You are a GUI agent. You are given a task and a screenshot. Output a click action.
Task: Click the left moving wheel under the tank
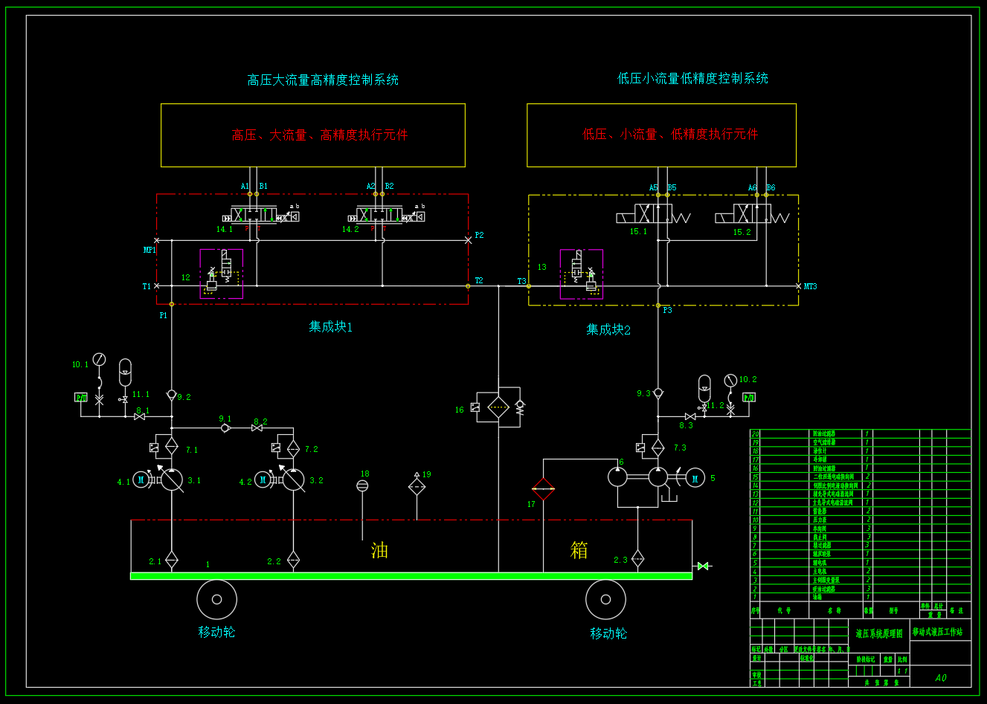tap(216, 599)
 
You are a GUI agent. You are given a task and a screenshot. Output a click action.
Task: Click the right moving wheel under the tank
tap(605, 599)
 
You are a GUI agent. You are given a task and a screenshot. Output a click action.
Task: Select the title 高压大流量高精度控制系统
tap(323, 80)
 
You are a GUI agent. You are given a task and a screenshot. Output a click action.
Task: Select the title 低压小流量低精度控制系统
tap(692, 79)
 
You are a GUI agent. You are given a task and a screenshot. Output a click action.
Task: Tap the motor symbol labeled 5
tap(695, 479)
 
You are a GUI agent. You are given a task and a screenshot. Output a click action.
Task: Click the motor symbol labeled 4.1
tap(141, 480)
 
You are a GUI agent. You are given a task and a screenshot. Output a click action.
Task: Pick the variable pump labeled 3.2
tap(293, 480)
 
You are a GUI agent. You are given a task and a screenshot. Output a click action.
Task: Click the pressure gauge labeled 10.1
tap(99, 360)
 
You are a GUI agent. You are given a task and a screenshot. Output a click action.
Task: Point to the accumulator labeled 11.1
tap(125, 370)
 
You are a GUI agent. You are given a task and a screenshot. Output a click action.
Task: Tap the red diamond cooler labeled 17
tap(543, 489)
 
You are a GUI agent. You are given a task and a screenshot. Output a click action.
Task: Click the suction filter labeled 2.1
tap(172, 560)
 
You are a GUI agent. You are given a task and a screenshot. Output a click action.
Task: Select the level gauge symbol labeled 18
tap(362, 485)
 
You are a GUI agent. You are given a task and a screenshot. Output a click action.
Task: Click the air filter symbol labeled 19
tap(417, 487)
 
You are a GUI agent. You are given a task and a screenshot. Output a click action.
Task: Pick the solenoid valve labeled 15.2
tap(751, 214)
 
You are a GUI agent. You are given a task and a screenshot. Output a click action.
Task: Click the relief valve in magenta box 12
tap(221, 274)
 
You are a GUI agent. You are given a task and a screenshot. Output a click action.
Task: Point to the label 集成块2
tap(608, 330)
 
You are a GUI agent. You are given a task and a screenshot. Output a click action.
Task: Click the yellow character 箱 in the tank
tap(579, 550)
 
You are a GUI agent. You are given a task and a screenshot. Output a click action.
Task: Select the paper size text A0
tap(940, 678)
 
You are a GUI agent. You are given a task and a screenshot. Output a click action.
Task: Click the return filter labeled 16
tap(498, 407)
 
